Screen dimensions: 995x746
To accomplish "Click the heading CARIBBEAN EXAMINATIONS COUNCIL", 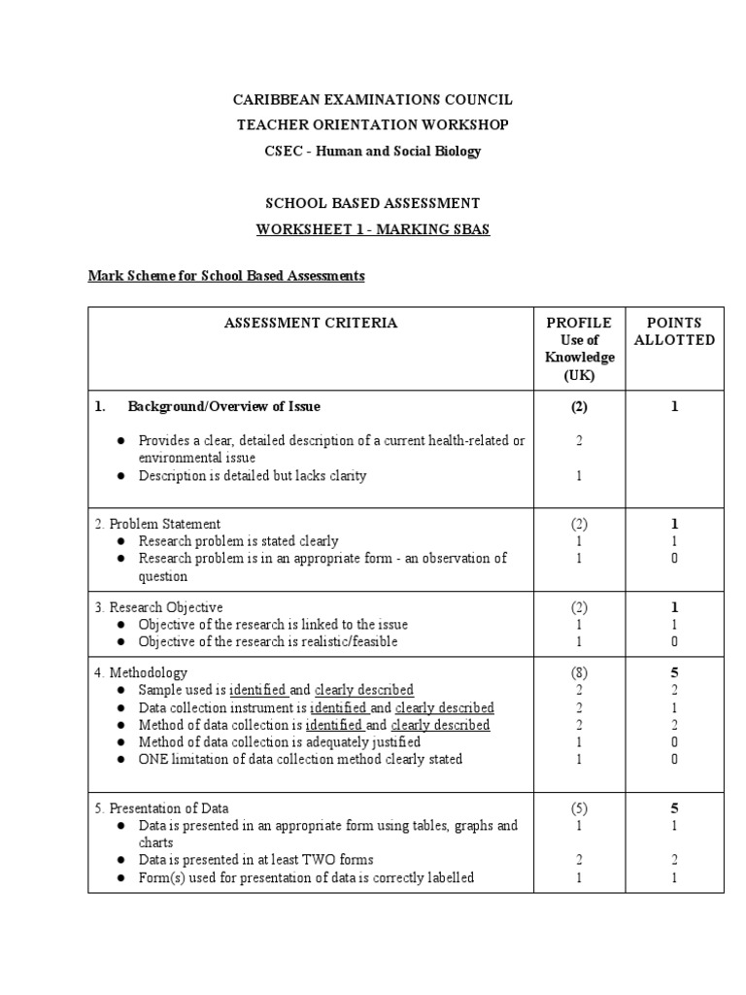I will pyautogui.click(x=373, y=100).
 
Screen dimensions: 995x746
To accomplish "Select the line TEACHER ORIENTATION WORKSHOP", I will pyautogui.click(x=373, y=125).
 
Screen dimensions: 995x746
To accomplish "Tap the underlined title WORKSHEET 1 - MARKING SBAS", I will pyautogui.click(x=373, y=229).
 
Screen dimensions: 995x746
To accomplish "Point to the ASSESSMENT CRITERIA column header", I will pyautogui.click(x=311, y=323).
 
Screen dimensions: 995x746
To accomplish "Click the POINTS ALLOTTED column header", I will pyautogui.click(x=674, y=331).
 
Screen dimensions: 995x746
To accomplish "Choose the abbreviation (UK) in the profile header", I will pyautogui.click(x=579, y=375).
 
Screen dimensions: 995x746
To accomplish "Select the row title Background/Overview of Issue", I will pyautogui.click(x=223, y=406).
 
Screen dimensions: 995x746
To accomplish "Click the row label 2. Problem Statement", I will pyautogui.click(x=157, y=524).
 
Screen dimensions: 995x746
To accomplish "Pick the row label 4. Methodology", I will pyautogui.click(x=141, y=672).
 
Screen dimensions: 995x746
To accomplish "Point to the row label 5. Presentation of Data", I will pyautogui.click(x=162, y=808).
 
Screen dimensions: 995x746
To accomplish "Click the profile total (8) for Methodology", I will pyautogui.click(x=579, y=672).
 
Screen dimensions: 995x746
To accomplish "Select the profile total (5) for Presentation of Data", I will pyautogui.click(x=579, y=808).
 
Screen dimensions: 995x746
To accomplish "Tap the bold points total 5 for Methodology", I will pyautogui.click(x=674, y=672).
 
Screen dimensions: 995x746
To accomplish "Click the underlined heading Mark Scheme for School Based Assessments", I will pyautogui.click(x=226, y=276).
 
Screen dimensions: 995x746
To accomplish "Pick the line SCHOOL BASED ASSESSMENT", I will pyautogui.click(x=373, y=203).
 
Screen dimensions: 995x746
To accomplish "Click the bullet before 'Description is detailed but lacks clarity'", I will pyautogui.click(x=120, y=476).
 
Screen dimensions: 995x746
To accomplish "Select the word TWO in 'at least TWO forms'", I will pyautogui.click(x=301, y=860).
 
